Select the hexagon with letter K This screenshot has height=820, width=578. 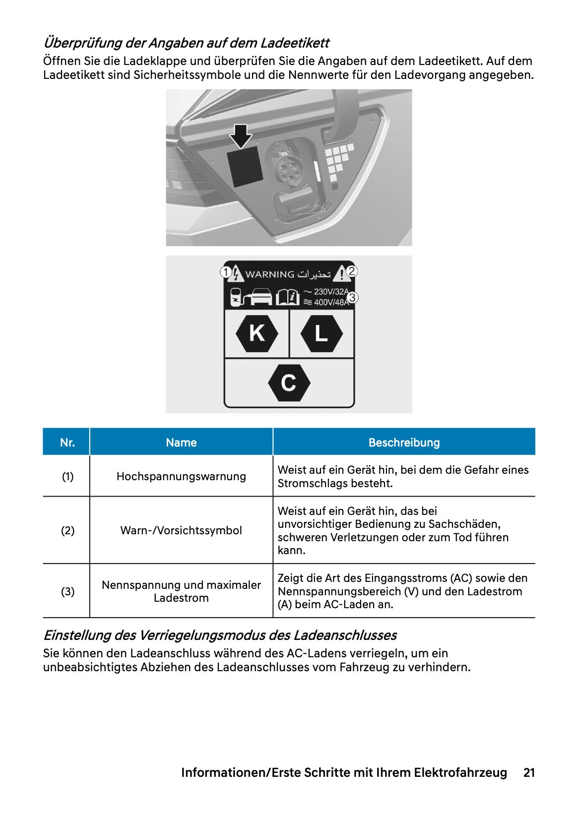click(x=257, y=333)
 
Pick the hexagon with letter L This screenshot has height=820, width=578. click(x=321, y=333)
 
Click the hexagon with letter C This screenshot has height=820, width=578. click(x=289, y=383)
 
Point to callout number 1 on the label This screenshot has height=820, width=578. click(x=226, y=272)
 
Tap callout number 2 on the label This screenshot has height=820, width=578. click(x=352, y=271)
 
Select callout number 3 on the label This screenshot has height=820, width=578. click(x=352, y=298)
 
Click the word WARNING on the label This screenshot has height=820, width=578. click(x=270, y=274)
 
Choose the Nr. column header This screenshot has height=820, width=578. click(x=67, y=442)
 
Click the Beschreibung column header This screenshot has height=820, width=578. click(x=404, y=442)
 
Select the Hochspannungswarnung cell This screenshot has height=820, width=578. click(x=181, y=476)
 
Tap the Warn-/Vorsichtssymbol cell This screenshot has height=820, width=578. click(x=181, y=530)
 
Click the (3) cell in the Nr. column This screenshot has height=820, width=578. click(x=67, y=591)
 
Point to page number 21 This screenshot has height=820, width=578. click(x=529, y=772)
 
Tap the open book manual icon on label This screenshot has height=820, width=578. click(x=287, y=297)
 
